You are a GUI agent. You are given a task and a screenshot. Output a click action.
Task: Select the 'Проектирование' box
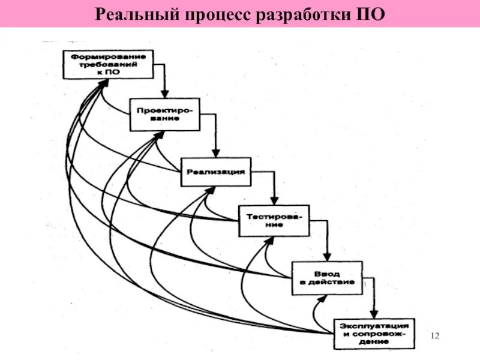165,114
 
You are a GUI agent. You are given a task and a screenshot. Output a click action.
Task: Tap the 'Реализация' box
215,172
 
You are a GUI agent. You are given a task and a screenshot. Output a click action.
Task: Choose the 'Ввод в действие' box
327,277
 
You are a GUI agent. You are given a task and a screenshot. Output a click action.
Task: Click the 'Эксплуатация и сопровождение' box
374,333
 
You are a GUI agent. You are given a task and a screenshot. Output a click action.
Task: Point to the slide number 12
436,334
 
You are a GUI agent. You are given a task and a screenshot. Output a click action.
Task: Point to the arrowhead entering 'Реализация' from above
215,155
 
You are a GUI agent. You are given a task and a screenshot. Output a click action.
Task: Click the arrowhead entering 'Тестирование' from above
274,202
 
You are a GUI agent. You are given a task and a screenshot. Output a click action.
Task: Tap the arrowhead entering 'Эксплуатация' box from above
374,314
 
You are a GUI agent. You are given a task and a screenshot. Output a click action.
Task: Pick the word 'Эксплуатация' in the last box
374,325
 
